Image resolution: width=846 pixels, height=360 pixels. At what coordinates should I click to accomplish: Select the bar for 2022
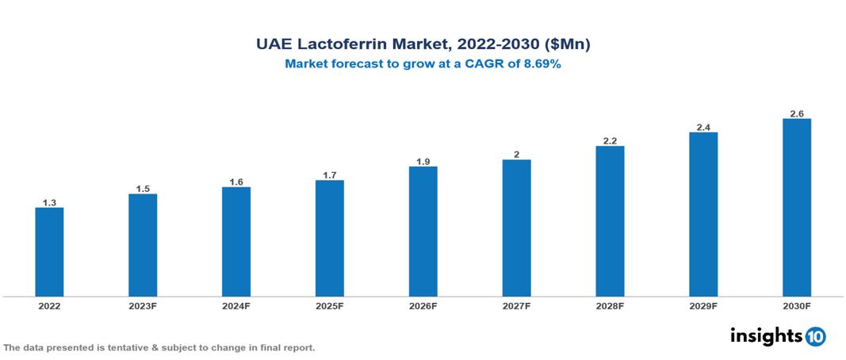pyautogui.click(x=49, y=252)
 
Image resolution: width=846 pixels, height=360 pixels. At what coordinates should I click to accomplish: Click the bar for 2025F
pyautogui.click(x=329, y=239)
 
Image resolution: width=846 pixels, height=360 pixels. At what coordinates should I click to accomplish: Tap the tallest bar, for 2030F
pyautogui.click(x=796, y=208)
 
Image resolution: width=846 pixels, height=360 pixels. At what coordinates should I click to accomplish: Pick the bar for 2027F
pyautogui.click(x=516, y=228)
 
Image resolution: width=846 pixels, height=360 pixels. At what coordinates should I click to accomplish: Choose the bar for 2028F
pyautogui.click(x=610, y=221)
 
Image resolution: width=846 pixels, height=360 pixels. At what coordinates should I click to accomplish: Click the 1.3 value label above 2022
pyautogui.click(x=49, y=203)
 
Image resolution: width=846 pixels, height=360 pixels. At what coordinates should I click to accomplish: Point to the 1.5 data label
pyautogui.click(x=143, y=189)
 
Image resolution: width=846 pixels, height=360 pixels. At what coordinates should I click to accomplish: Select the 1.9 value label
pyautogui.click(x=423, y=162)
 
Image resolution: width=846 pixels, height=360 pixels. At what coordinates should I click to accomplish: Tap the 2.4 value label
pyautogui.click(x=703, y=127)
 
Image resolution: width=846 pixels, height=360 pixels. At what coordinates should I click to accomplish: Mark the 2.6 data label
pyautogui.click(x=796, y=113)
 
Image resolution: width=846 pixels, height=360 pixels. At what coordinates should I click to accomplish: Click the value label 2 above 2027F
pyautogui.click(x=516, y=155)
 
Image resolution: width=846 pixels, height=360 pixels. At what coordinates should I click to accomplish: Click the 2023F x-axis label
pyautogui.click(x=143, y=305)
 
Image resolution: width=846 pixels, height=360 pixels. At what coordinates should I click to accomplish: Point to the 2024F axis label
pyautogui.click(x=236, y=305)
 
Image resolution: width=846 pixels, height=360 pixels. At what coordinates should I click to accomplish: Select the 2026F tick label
pyautogui.click(x=423, y=305)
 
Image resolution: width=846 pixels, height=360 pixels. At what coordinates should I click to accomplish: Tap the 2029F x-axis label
pyautogui.click(x=703, y=305)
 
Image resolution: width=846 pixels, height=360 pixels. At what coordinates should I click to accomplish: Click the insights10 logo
pyautogui.click(x=777, y=336)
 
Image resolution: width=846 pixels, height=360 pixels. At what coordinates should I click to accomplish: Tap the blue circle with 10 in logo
pyautogui.click(x=815, y=337)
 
